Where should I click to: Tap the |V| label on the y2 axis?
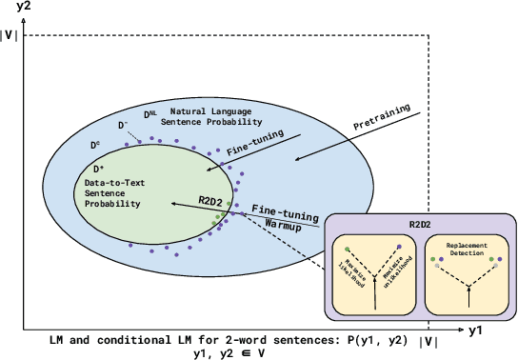click(x=12, y=37)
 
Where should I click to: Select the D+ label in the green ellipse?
click(x=98, y=167)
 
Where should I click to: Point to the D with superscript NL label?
click(x=150, y=115)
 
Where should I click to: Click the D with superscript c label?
click(x=94, y=145)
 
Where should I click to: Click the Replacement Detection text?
click(x=460, y=251)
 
